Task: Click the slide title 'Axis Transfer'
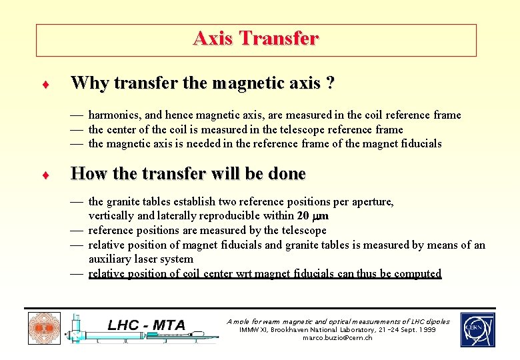tap(256, 39)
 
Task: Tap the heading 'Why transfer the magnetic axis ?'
tap(203, 83)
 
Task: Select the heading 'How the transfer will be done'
tap(188, 174)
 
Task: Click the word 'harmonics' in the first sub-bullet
tap(111, 115)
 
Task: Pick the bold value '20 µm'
tap(313, 216)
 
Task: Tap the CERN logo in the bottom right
tap(477, 329)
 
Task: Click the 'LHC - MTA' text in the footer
tap(147, 325)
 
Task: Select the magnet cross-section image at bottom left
tap(44, 329)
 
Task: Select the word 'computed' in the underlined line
tap(418, 273)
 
